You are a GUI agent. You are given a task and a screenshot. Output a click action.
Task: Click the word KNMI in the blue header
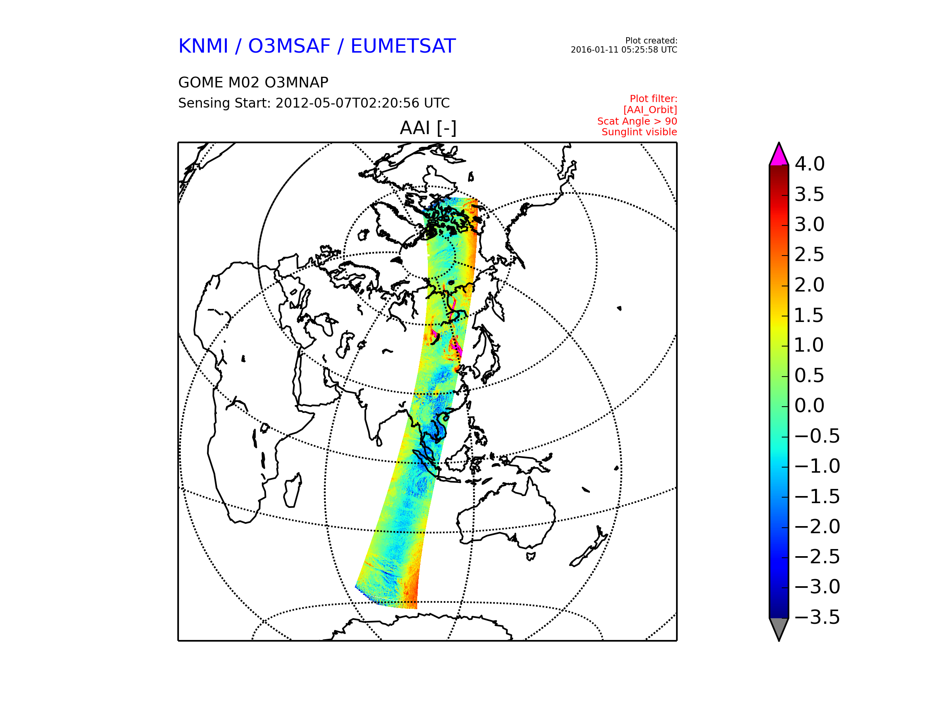(203, 46)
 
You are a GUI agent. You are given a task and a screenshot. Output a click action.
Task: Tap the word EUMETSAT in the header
(403, 46)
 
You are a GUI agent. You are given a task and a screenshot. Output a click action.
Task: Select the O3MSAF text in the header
(289, 46)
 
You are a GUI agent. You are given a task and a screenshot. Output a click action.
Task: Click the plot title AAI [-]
(428, 128)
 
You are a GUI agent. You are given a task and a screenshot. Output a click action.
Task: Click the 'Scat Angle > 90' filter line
(637, 121)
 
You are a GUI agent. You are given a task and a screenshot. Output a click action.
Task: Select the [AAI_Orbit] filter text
(650, 110)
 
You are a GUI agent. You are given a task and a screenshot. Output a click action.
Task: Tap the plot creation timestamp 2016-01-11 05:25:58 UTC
(623, 50)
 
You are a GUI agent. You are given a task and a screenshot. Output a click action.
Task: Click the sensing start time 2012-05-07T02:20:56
(348, 103)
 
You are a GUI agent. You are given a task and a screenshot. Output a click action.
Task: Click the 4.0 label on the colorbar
(809, 164)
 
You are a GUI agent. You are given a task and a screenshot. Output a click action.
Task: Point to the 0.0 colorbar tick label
(809, 406)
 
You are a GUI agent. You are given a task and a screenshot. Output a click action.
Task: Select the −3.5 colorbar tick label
(817, 617)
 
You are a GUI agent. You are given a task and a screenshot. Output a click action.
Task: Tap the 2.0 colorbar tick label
(809, 285)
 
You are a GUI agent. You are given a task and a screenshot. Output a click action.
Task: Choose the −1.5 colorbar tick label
(817, 496)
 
